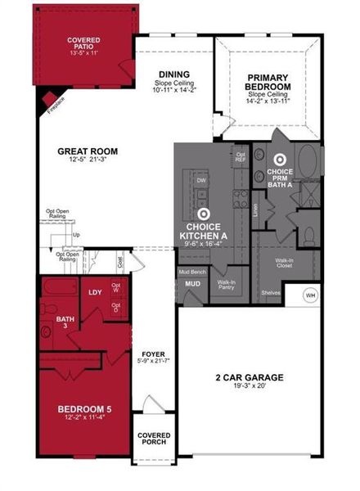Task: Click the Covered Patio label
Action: [84, 45]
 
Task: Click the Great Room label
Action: [88, 151]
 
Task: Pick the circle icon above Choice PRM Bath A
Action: [281, 161]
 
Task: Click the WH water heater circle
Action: [311, 295]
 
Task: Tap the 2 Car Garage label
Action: [249, 377]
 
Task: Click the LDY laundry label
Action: [95, 292]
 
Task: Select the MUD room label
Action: [192, 284]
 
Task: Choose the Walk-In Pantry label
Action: [226, 286]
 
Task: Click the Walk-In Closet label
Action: [286, 264]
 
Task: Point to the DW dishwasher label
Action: [200, 180]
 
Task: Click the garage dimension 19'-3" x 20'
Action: [249, 388]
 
